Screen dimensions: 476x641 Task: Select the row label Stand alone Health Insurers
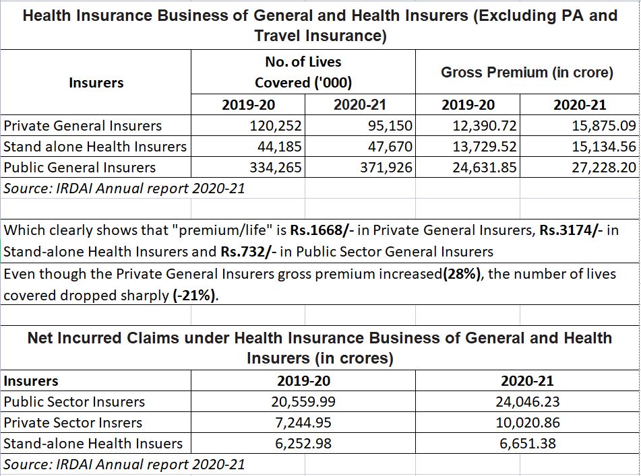click(95, 147)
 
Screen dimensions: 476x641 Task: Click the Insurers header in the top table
click(96, 83)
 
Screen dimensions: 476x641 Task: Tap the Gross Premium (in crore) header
click(526, 73)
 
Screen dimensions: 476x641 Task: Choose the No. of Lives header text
click(303, 62)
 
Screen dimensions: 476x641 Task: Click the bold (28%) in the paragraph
click(464, 274)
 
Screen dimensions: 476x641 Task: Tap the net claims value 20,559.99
click(304, 402)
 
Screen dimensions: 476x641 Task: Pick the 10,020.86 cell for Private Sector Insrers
click(527, 423)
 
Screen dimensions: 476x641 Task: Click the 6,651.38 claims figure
click(527, 444)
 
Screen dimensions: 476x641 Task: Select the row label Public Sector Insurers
click(74, 402)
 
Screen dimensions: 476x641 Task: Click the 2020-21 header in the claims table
click(527, 381)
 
